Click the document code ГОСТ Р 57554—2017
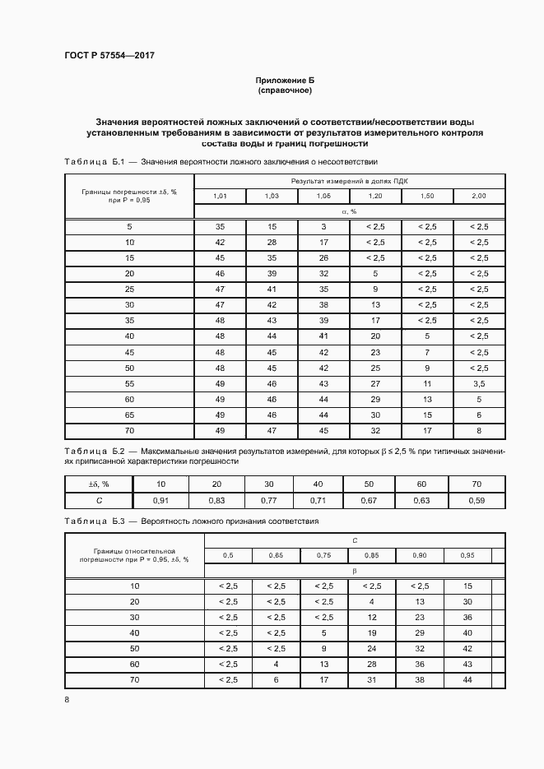(109, 55)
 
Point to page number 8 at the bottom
(67, 699)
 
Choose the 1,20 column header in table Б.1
(375, 196)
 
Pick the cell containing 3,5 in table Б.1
(478, 383)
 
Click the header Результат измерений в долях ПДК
(349, 180)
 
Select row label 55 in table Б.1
(128, 383)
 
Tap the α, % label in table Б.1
(349, 211)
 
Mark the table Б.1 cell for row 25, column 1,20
(375, 290)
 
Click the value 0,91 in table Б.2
(160, 499)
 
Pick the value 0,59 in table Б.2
(476, 499)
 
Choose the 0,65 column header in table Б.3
(276, 555)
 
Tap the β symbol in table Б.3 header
(354, 570)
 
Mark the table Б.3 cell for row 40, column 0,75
(323, 632)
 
